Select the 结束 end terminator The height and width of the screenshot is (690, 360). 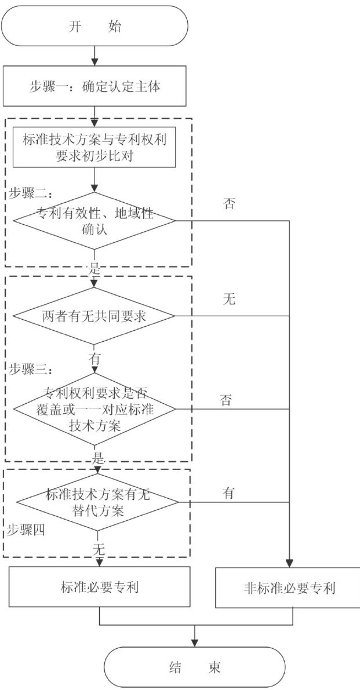(x=195, y=666)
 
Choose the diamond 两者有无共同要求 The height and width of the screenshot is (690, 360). (x=94, y=316)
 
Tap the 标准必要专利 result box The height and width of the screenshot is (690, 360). (x=99, y=587)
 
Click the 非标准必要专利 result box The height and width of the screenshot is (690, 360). (x=288, y=587)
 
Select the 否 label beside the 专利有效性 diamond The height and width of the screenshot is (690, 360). (x=229, y=204)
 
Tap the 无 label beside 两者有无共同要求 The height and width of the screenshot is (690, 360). (x=229, y=300)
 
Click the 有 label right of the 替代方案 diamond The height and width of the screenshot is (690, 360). (x=228, y=493)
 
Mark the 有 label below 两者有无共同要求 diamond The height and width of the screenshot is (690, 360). (x=94, y=358)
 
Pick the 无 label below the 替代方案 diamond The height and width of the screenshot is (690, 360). (x=100, y=547)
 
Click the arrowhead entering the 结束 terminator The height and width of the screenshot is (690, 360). (x=195, y=643)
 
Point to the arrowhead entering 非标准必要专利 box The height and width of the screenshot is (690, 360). (x=288, y=563)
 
